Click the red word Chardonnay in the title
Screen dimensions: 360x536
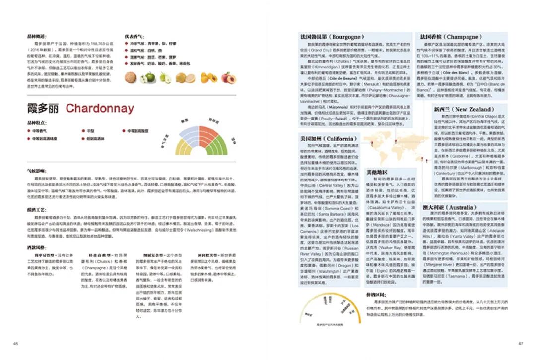[x=99, y=108]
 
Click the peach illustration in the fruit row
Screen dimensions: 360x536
[x=229, y=78]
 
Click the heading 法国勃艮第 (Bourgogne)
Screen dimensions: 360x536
[x=332, y=37]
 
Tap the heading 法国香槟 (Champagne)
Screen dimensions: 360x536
[x=450, y=37]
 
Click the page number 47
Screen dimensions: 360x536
[x=521, y=343]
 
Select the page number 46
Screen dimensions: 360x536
[x=15, y=343]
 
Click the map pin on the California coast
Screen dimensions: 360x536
[x=372, y=144]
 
